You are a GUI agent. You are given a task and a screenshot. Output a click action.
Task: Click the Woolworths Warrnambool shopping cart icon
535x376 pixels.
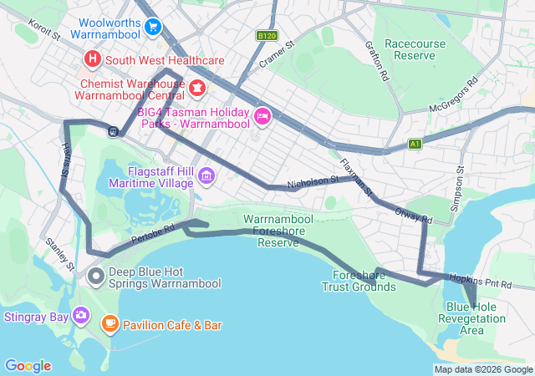click(x=151, y=28)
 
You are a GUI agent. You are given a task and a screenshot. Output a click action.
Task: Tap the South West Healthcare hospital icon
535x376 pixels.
click(x=92, y=60)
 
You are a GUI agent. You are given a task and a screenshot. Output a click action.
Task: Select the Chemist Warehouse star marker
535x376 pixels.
click(x=197, y=88)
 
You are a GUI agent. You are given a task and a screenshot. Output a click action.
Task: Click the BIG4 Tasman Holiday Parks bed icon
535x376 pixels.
click(x=262, y=115)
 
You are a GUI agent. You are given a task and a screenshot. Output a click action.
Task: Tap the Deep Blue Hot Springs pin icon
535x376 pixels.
click(x=96, y=275)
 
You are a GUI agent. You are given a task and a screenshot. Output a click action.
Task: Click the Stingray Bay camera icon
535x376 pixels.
click(x=80, y=315)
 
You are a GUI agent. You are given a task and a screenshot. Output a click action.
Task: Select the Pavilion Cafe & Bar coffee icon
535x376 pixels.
click(x=110, y=323)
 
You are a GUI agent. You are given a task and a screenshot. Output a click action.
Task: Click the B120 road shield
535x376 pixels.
click(x=266, y=36)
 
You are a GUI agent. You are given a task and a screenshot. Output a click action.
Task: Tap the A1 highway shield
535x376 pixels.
click(x=415, y=144)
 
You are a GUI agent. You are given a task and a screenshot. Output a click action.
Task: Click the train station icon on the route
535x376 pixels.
click(x=110, y=130)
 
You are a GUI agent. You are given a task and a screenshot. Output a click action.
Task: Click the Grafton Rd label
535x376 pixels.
click(x=376, y=63)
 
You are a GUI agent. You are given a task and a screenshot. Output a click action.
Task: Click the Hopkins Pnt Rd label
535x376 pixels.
click(x=480, y=281)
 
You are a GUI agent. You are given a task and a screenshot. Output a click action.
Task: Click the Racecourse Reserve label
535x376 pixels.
click(x=410, y=49)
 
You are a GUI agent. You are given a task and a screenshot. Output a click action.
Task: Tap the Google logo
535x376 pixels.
click(x=28, y=365)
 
